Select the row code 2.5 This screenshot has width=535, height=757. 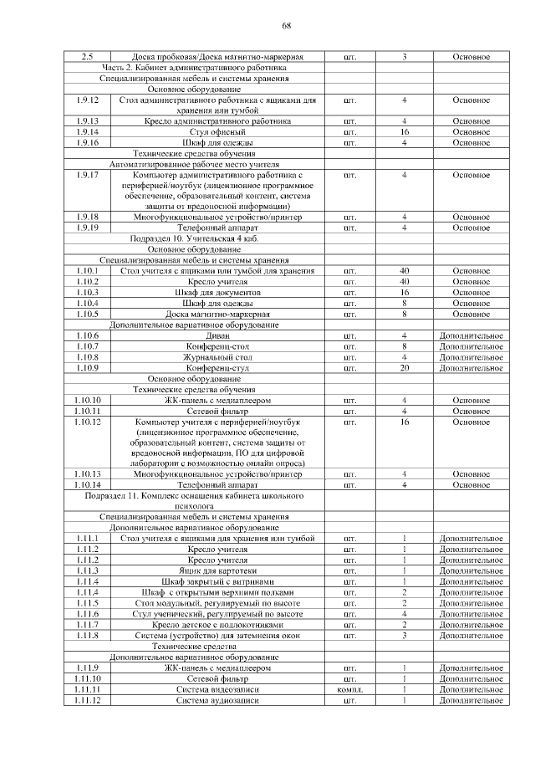point(88,57)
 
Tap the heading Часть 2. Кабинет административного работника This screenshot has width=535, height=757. point(194,67)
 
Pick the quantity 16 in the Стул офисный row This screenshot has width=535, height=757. point(404,132)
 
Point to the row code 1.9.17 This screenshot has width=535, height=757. point(88,175)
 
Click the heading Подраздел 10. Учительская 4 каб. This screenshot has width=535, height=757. point(195,238)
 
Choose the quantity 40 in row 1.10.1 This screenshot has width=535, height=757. point(404,271)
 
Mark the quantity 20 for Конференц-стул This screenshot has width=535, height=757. point(404,368)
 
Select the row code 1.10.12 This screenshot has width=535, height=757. point(88,422)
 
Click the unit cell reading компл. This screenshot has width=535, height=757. point(349,690)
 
